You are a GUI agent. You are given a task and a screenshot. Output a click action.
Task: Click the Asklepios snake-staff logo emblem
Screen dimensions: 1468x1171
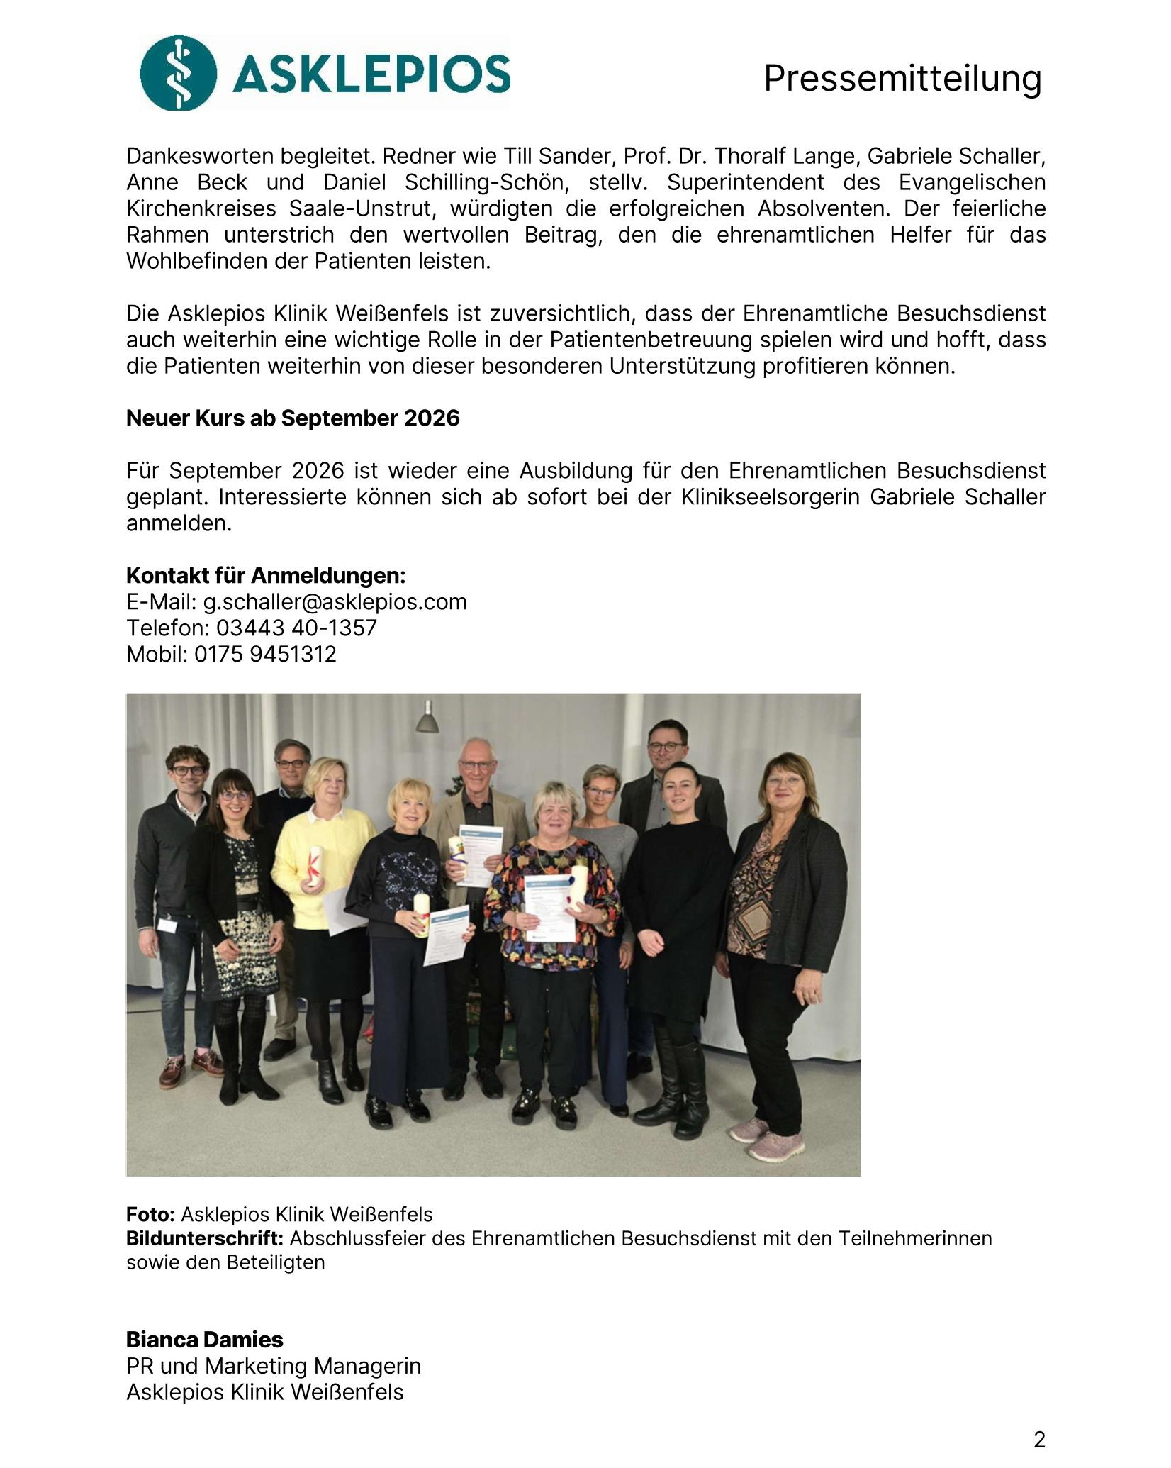(x=178, y=72)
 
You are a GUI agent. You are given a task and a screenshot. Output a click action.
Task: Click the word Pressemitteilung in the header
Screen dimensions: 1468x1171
(x=902, y=78)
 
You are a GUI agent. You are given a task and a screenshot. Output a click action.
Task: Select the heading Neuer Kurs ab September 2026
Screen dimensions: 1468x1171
(x=293, y=418)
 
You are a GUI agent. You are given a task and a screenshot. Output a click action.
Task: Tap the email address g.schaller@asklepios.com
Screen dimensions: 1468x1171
(x=335, y=601)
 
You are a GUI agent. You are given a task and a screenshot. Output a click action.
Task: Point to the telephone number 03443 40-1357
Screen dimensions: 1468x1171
(x=296, y=628)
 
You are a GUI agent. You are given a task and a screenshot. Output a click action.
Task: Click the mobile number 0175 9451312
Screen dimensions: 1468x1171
(x=265, y=654)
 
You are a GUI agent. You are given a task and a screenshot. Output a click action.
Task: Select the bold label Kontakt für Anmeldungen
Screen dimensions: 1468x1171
(x=266, y=575)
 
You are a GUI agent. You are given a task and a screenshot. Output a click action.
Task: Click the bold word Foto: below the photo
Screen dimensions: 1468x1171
(x=150, y=1215)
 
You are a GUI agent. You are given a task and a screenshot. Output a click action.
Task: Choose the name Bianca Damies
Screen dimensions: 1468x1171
(x=204, y=1340)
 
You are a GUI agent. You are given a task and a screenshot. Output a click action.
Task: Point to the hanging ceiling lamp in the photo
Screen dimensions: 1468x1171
(x=427, y=719)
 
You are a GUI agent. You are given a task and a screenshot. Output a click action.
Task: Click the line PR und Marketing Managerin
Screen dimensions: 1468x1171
(x=273, y=1366)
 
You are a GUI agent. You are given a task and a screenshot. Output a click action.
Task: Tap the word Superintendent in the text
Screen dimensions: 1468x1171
(x=745, y=182)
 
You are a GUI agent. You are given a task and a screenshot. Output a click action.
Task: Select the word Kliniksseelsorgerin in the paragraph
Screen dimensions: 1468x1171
(x=771, y=496)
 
